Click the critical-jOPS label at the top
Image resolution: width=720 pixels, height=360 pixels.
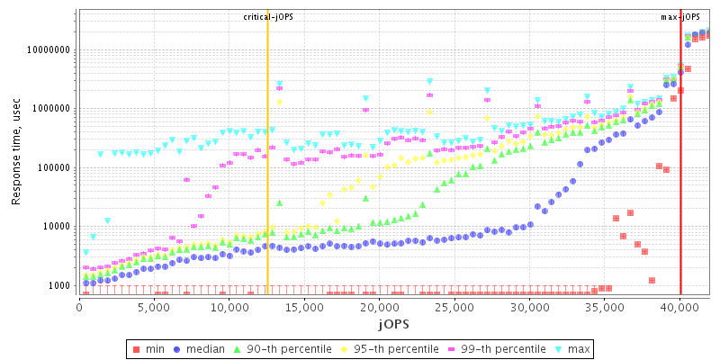(267, 17)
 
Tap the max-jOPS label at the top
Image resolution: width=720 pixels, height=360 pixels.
(680, 17)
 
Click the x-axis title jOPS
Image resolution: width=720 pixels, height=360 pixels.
(393, 323)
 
